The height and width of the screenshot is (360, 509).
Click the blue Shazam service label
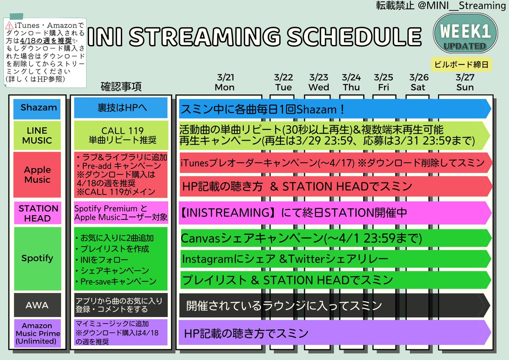pyautogui.click(x=37, y=109)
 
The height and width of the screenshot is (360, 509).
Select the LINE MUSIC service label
pyautogui.click(x=37, y=135)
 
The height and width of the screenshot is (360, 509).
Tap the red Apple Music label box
pyautogui.click(x=37, y=174)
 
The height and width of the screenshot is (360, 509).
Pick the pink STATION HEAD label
pyautogui.click(x=37, y=213)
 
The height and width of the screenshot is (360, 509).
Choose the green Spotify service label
pyautogui.click(x=37, y=259)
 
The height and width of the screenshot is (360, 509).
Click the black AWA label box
pyautogui.click(x=37, y=305)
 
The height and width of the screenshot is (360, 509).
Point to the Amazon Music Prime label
pyautogui.click(x=37, y=333)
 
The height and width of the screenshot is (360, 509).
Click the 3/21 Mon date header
pyautogui.click(x=225, y=82)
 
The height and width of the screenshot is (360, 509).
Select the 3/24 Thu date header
pyautogui.click(x=351, y=82)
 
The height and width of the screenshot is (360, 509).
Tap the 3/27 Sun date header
pyautogui.click(x=465, y=82)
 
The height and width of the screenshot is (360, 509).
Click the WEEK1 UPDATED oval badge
pyautogui.click(x=465, y=34)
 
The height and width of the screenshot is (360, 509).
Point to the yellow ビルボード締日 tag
pyautogui.click(x=461, y=65)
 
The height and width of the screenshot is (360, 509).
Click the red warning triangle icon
pyautogui.click(x=9, y=25)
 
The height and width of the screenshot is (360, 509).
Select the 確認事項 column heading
pyautogui.click(x=121, y=87)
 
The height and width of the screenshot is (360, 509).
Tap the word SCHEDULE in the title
pyautogui.click(x=354, y=37)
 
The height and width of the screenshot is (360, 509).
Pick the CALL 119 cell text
pyautogui.click(x=123, y=131)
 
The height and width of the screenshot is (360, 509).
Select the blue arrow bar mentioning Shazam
pyautogui.click(x=335, y=109)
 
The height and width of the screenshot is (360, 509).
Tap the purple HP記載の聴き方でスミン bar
pyautogui.click(x=335, y=333)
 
